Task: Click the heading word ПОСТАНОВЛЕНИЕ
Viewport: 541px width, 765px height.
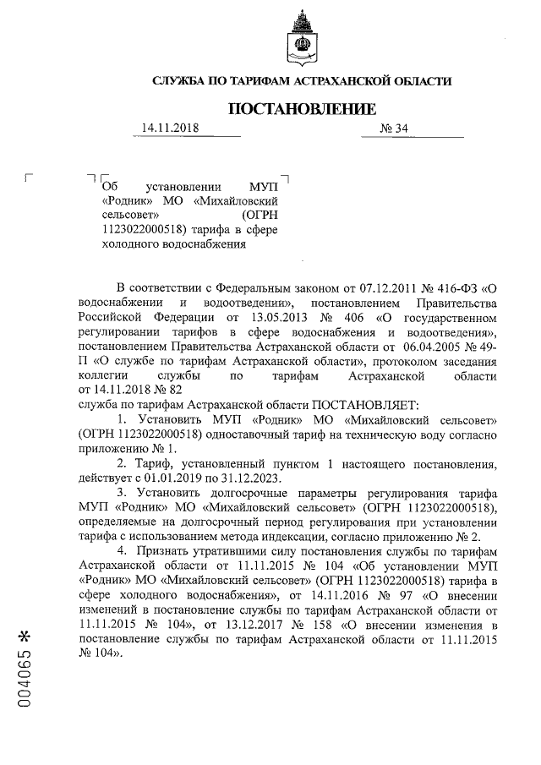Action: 300,109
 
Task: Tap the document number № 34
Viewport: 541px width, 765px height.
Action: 395,128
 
